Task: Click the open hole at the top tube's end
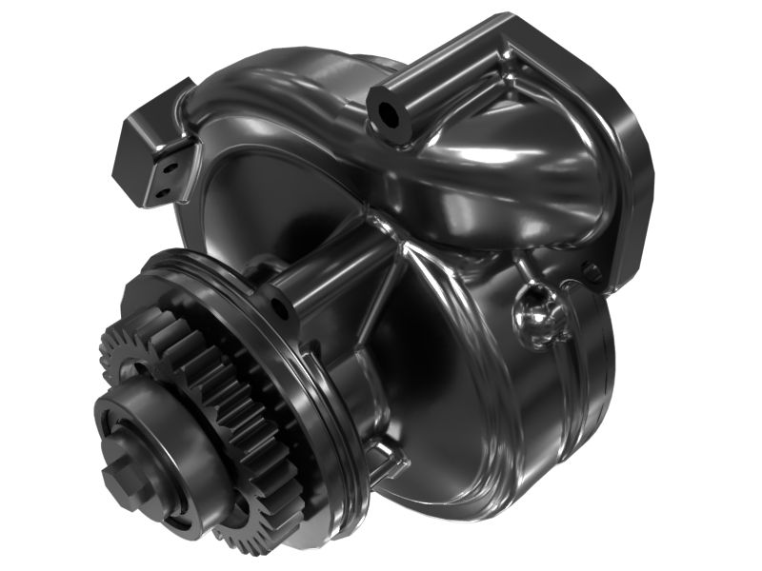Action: pos(389,113)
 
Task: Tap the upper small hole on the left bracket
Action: pos(172,167)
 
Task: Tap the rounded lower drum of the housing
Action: pos(533,419)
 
